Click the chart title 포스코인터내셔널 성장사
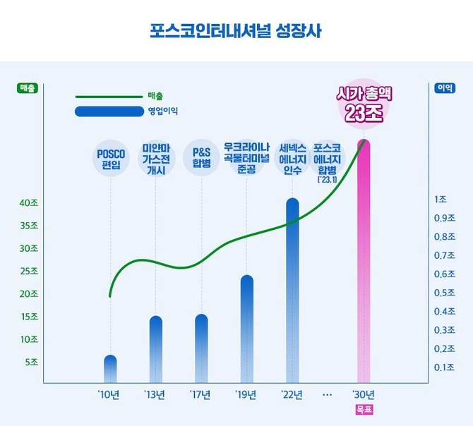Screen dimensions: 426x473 tap(236, 31)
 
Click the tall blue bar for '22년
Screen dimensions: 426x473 tap(292, 289)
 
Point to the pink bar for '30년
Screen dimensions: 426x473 tap(364, 261)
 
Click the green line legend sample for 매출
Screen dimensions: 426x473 tap(109, 96)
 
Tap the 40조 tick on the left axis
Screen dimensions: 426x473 tap(28, 203)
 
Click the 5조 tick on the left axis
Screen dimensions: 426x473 tap(31, 362)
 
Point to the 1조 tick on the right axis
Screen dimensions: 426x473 tap(441, 199)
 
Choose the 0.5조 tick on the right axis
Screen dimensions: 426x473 tap(443, 293)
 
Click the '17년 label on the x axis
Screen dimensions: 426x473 tap(201, 394)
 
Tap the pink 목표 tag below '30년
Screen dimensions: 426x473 tap(363, 410)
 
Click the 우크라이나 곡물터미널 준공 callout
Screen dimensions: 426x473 tap(247, 158)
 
